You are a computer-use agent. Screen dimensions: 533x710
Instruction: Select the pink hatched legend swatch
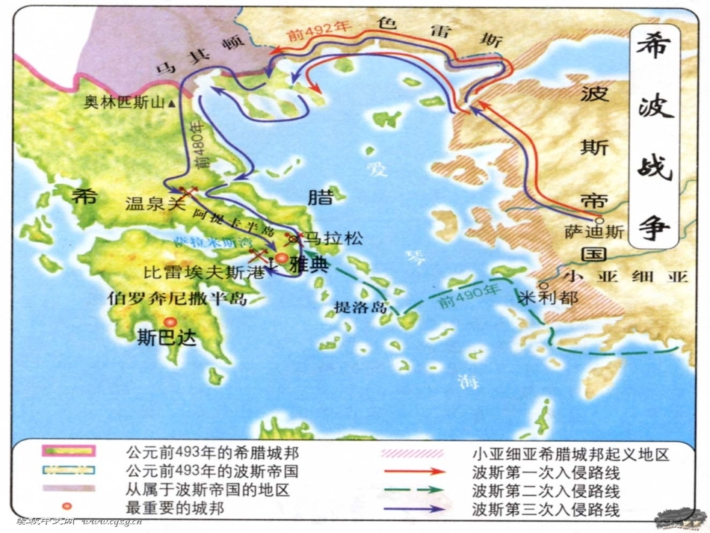pos(414,454)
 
